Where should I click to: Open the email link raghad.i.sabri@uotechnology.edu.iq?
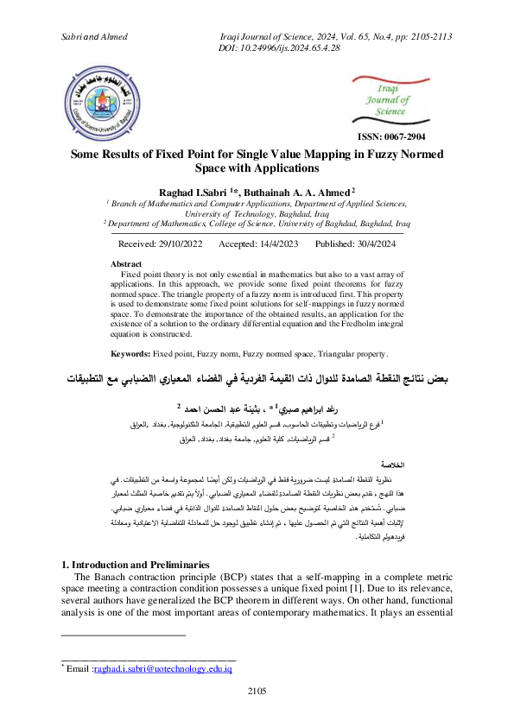163,668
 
